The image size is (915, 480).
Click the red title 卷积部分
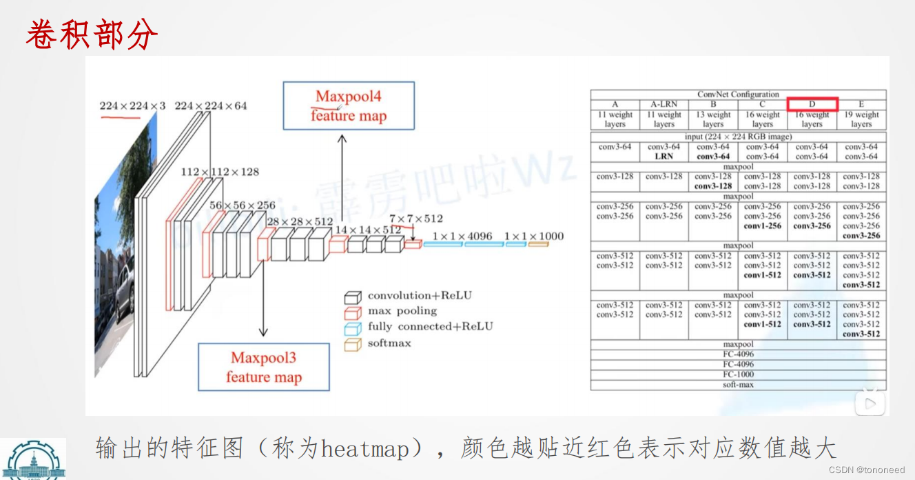92,34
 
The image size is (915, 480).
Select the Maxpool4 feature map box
349,106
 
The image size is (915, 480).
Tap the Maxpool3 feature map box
264,367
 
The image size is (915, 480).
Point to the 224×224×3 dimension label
132,106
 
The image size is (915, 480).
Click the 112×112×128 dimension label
220,172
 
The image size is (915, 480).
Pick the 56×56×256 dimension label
242,206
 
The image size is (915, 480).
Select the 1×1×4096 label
462,237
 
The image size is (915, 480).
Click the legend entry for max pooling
402,311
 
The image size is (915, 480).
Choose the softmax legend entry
389,343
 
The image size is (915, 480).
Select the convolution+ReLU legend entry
420,296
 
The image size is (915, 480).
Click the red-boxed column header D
812,104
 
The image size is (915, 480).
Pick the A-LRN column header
664,104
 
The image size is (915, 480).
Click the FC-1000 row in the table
738,374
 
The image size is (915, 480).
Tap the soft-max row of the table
738,384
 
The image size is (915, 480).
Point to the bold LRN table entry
664,157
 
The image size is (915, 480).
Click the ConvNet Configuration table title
738,94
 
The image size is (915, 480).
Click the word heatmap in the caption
364,449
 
